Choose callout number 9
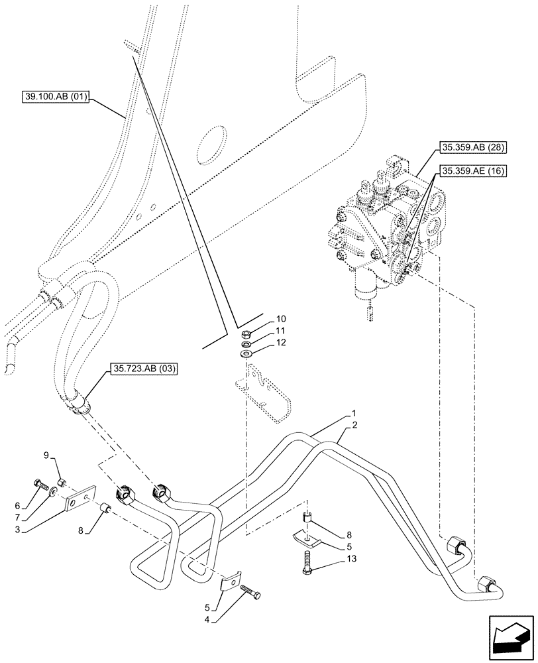coord(46,455)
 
